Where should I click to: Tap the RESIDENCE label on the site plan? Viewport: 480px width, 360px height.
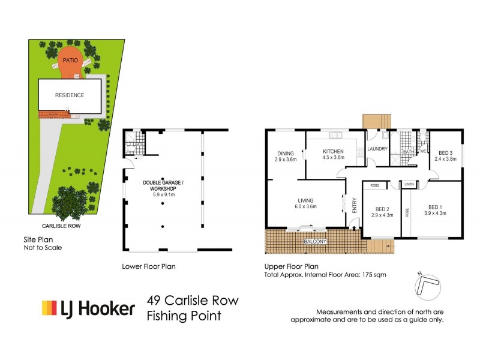[x=70, y=95]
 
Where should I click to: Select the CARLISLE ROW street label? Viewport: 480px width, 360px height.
[x=61, y=226]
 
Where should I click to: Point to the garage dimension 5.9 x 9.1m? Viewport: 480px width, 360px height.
[x=163, y=194]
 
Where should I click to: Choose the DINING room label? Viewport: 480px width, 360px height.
[x=286, y=153]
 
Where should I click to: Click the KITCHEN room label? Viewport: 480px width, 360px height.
[x=333, y=151]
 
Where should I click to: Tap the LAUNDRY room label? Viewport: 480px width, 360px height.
[x=379, y=149]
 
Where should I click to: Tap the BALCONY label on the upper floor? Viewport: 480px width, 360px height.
[x=315, y=241]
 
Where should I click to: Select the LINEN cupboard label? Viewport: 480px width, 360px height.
[x=409, y=184]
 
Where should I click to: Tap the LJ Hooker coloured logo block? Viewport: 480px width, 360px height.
[x=49, y=308]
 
